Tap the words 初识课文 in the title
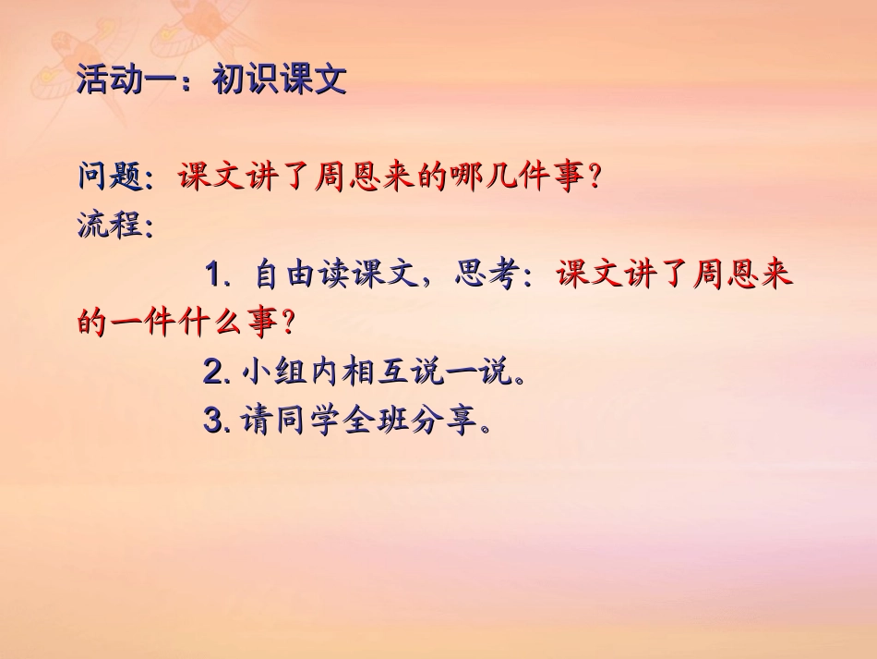(x=279, y=80)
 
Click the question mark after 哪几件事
(x=595, y=178)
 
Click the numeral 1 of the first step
(x=214, y=275)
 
